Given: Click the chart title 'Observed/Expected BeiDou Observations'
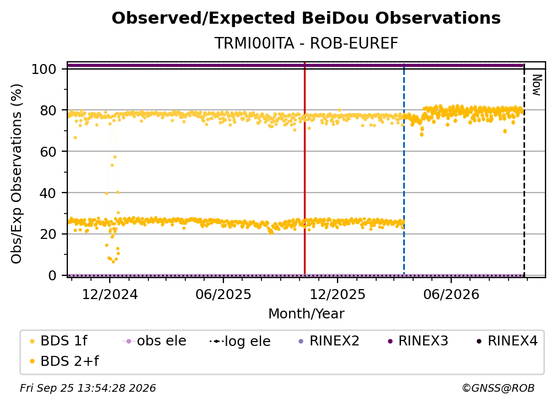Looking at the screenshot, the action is coord(306,18).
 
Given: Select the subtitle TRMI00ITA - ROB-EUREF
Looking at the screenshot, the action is coord(306,43).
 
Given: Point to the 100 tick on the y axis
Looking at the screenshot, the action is coord(44,69).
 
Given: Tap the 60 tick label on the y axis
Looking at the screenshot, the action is coord(48,152).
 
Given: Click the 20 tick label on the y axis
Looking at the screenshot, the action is coord(48,235).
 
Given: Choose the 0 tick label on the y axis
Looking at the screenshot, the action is coord(52,275).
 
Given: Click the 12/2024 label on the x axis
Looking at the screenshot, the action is coord(110,294).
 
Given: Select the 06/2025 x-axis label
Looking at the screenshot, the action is coord(223,294).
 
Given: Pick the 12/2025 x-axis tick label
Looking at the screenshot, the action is coord(338,294).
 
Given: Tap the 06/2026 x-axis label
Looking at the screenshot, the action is coord(451,294).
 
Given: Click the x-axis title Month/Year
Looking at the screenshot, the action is coord(306,314).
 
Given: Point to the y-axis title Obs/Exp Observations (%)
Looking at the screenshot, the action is coord(17,174).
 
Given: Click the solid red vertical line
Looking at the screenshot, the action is coord(304,168).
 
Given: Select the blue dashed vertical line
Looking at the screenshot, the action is coord(404,169).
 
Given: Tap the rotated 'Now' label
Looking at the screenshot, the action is coord(537,85).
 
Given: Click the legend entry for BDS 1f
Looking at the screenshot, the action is coord(58,341).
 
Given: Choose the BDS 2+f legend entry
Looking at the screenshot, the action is coord(64,361).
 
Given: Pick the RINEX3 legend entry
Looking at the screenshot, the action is coord(418,341).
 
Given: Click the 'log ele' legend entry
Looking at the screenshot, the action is coord(240,341).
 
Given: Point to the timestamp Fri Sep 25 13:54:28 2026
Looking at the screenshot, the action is coord(88,388).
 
